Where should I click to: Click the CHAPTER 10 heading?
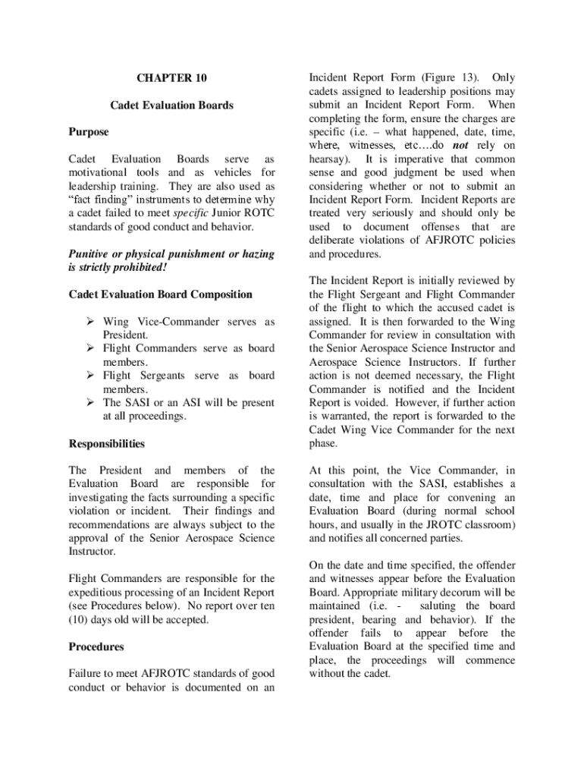click(x=171, y=78)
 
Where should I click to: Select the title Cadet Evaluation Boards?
click(x=171, y=105)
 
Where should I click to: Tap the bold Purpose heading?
click(x=89, y=132)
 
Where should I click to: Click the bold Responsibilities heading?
click(x=107, y=444)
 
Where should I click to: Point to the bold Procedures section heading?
click(x=96, y=647)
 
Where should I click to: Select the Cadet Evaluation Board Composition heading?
click(x=161, y=294)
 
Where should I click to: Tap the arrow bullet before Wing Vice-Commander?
click(x=89, y=322)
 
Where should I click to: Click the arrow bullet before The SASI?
click(x=89, y=403)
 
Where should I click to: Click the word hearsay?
click(x=329, y=159)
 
